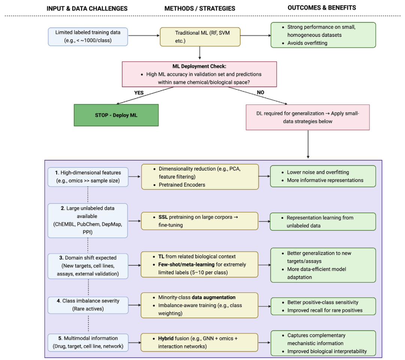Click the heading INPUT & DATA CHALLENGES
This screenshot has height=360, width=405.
[x=87, y=8]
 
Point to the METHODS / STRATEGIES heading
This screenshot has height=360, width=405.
[x=200, y=8]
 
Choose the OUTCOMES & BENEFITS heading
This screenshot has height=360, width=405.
[x=322, y=7]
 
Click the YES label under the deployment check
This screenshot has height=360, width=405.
[x=139, y=92]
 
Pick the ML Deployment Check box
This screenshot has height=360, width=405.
[x=199, y=74]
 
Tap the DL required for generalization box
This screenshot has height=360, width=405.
[x=307, y=117]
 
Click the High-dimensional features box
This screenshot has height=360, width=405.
[x=88, y=176]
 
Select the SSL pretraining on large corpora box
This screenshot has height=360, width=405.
[x=199, y=221]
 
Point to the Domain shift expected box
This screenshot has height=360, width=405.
[x=88, y=266]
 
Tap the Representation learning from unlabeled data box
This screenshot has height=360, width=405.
[x=323, y=221]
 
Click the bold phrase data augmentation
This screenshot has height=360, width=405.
[x=214, y=297]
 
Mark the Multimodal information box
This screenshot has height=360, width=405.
[x=88, y=342]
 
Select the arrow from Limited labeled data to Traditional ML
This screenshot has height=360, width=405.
[x=144, y=36]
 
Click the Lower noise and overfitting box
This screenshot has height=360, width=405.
[x=323, y=176]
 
